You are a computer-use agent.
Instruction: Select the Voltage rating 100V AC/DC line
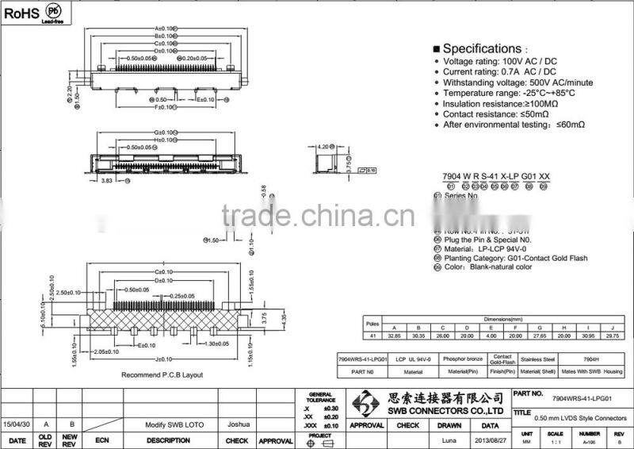(499, 61)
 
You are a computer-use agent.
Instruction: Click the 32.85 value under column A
(394, 336)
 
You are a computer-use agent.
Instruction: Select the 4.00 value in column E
(491, 336)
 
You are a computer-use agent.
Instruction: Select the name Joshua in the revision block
(237, 424)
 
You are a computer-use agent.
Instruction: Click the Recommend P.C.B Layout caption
(162, 374)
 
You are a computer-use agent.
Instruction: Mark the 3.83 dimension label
(106, 181)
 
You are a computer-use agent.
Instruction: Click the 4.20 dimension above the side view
(323, 147)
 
